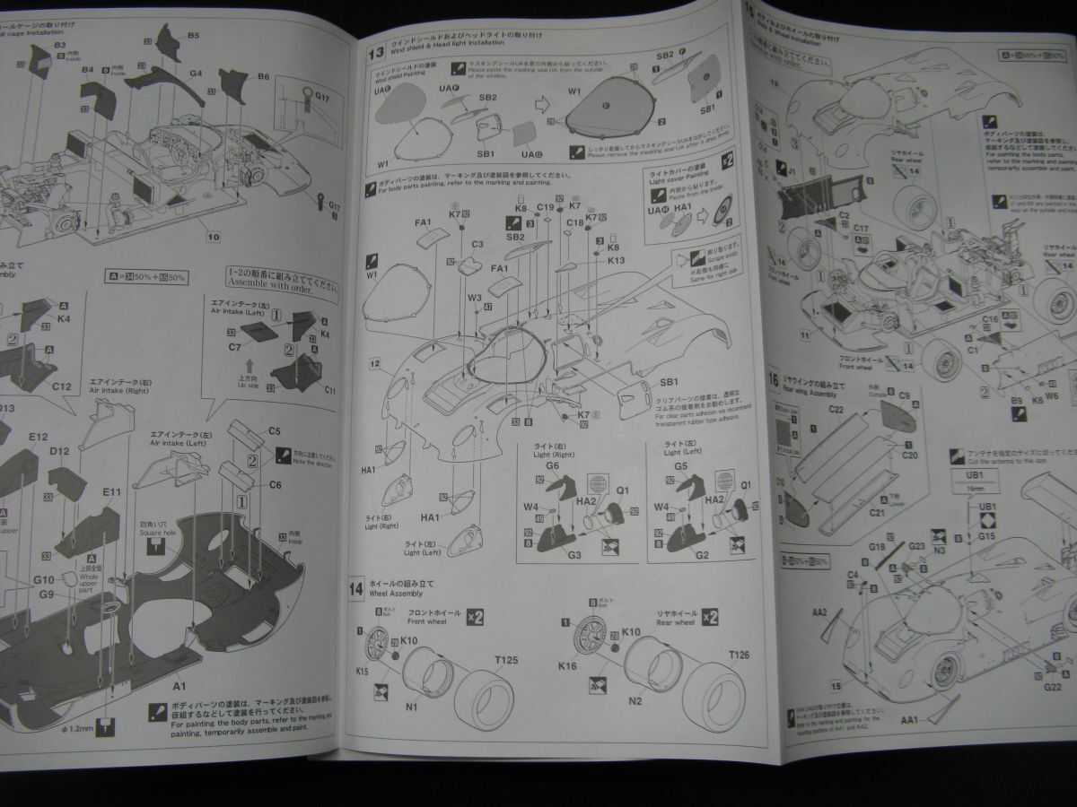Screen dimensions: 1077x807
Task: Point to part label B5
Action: (193, 35)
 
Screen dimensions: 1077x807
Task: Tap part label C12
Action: (61, 386)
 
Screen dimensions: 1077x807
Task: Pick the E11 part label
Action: (111, 492)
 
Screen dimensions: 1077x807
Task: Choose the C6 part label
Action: (275, 484)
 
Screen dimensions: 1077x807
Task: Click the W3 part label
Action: (475, 298)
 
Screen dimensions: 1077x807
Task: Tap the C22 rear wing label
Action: (836, 409)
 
